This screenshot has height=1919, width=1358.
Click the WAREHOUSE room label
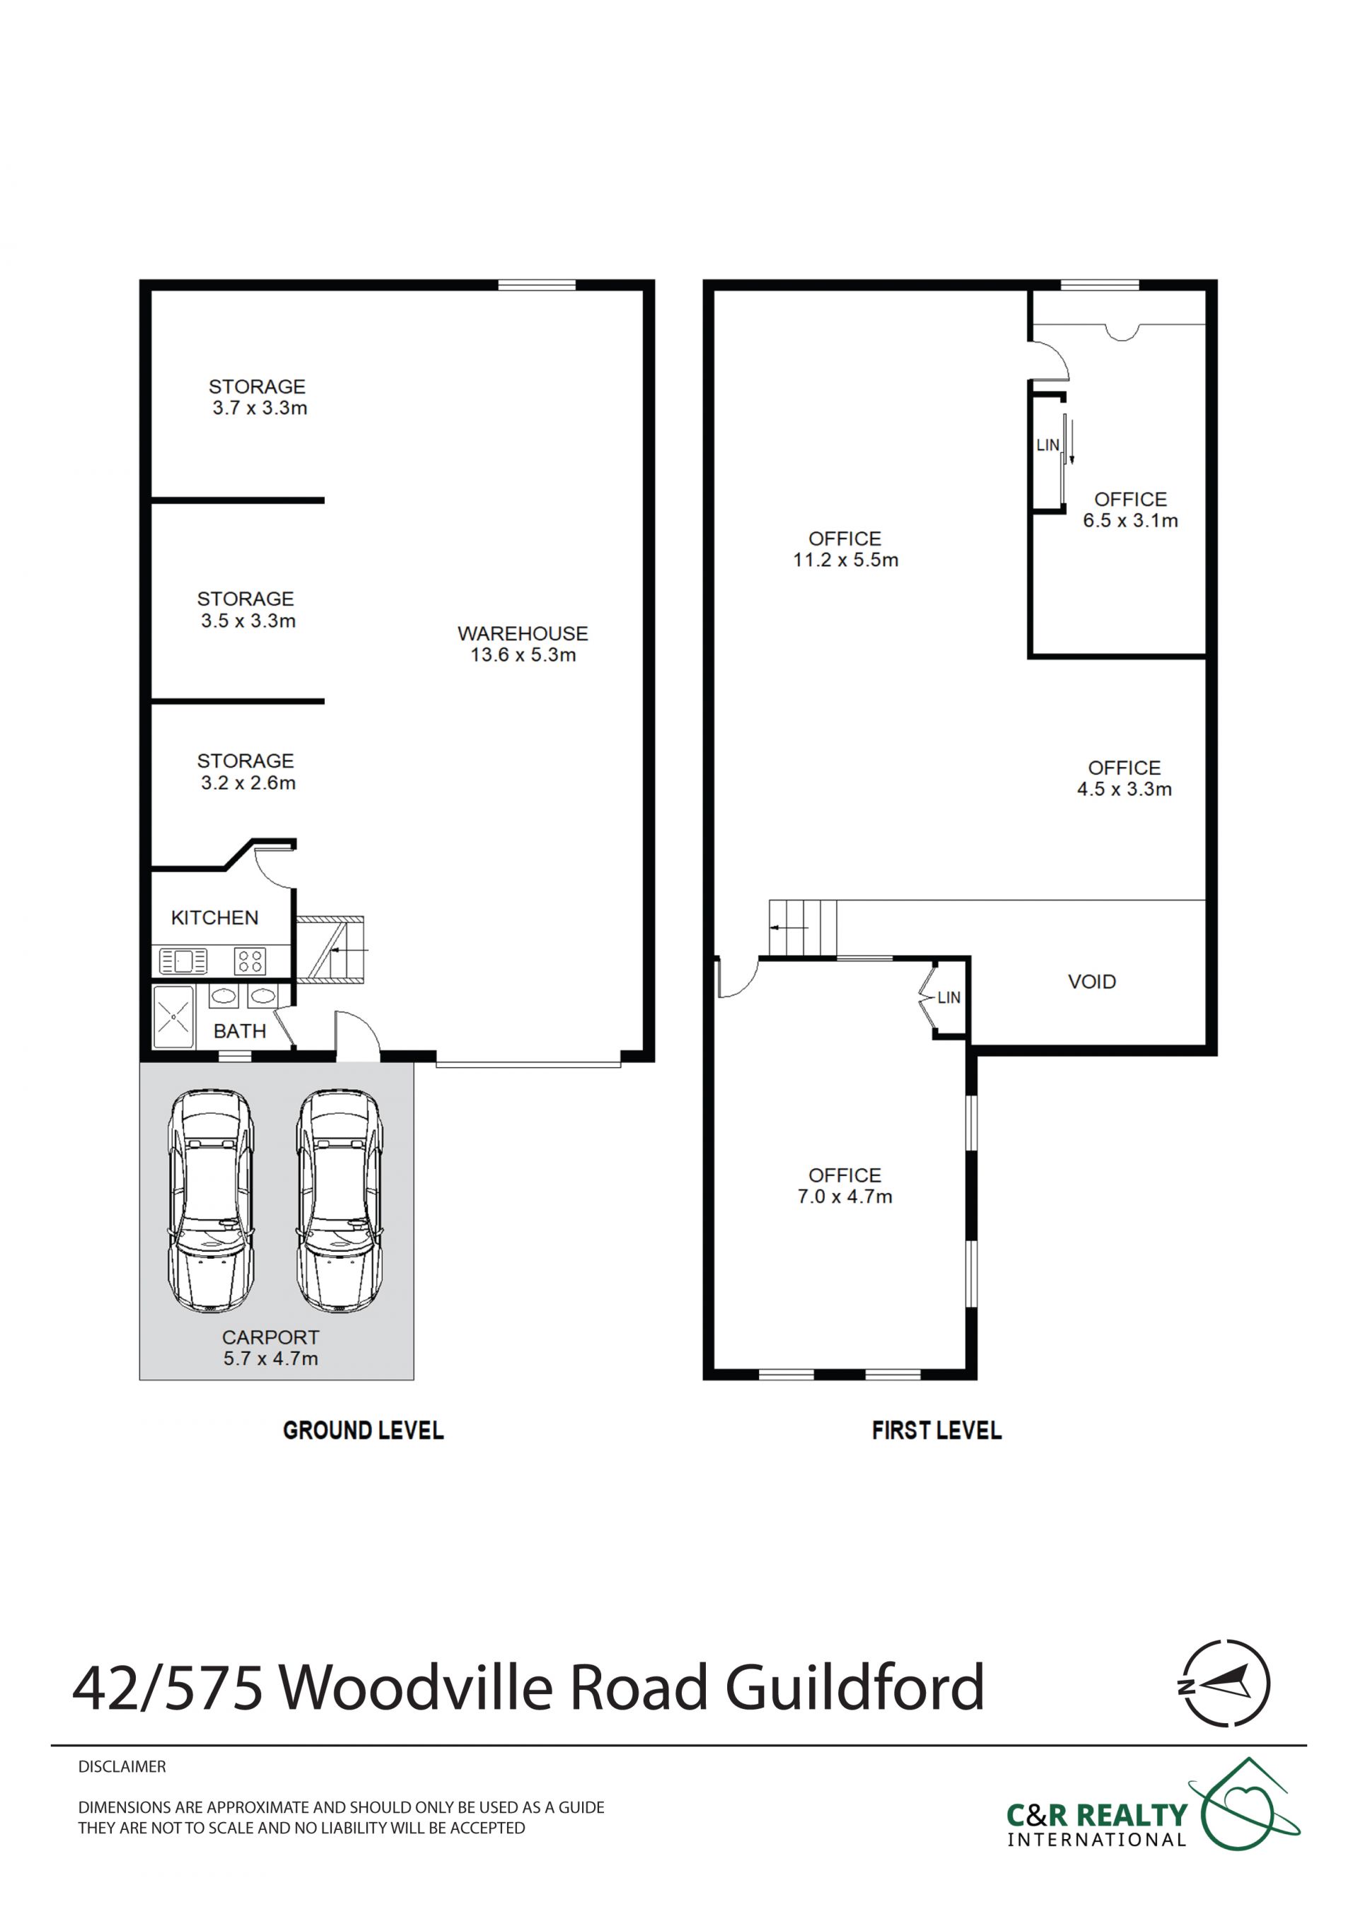(x=523, y=633)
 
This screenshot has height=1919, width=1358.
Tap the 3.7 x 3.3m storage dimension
(x=260, y=409)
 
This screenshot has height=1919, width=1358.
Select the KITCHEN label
(x=215, y=917)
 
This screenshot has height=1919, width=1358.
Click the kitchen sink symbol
(x=183, y=961)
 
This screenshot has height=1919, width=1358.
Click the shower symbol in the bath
(x=173, y=1017)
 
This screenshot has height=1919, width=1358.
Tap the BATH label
(x=239, y=1031)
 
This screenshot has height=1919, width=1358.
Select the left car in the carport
(x=211, y=1201)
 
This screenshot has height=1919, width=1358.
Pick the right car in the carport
(x=339, y=1201)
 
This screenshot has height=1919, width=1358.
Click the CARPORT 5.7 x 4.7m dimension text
(x=271, y=1359)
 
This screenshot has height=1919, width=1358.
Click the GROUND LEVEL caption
(x=364, y=1431)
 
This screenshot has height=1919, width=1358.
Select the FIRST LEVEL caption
(x=936, y=1431)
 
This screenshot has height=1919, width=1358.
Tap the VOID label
(x=1092, y=982)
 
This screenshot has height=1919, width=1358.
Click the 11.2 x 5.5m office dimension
(x=845, y=561)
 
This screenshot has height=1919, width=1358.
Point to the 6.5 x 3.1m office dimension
(x=1130, y=521)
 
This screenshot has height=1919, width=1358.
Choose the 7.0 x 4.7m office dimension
(x=845, y=1197)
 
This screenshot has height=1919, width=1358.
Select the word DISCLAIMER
(x=122, y=1767)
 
